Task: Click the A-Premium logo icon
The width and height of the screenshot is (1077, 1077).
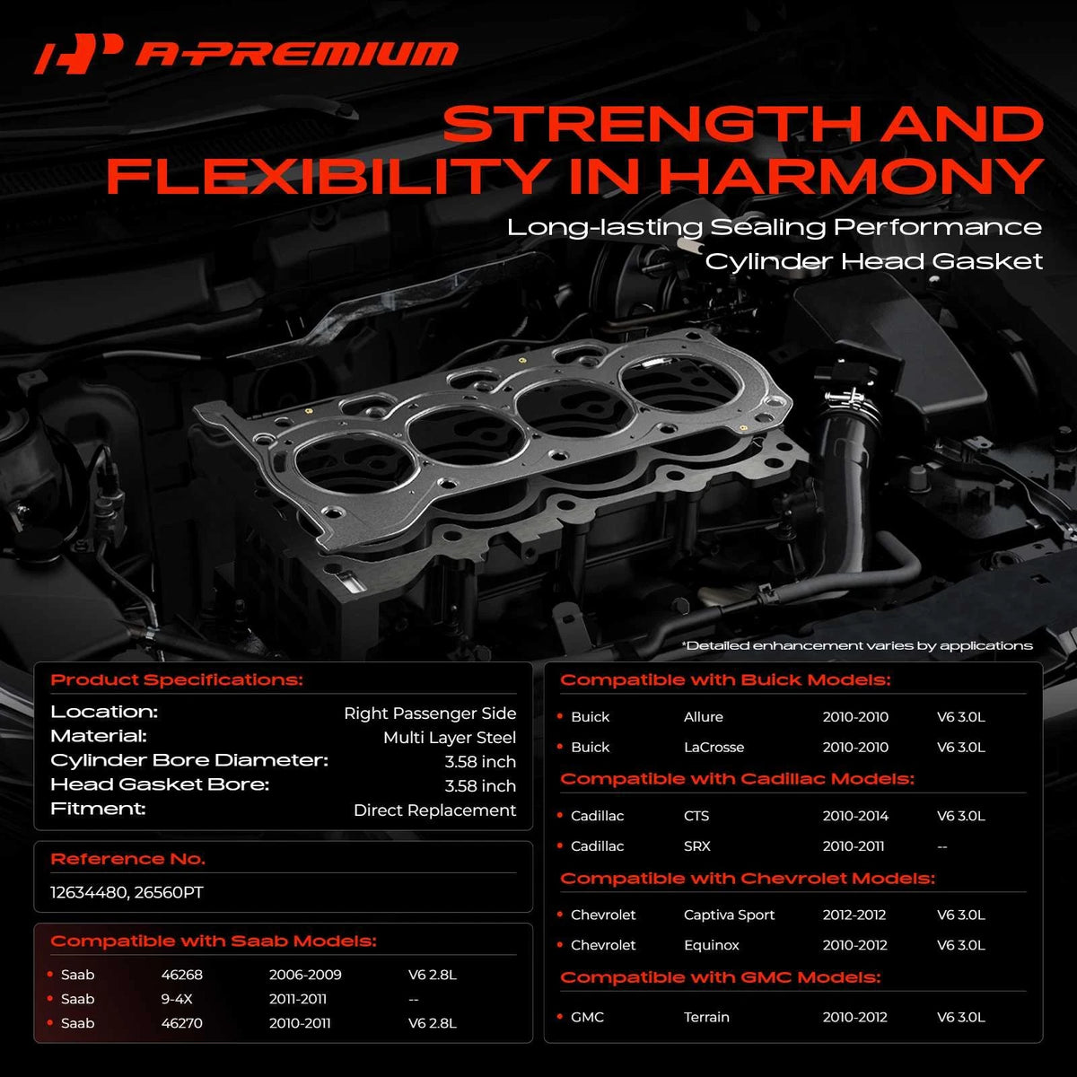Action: pos(78,54)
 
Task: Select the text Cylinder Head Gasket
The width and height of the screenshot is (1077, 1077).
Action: pos(873,261)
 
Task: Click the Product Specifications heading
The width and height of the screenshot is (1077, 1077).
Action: pos(177,680)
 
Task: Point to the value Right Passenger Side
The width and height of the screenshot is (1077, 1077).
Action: pos(430,714)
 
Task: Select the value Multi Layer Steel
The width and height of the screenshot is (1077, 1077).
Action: pos(450,738)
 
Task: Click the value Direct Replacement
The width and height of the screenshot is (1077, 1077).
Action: pos(434,810)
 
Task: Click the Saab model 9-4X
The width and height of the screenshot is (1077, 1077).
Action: pos(177,999)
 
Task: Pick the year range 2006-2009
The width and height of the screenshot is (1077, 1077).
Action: pos(305,975)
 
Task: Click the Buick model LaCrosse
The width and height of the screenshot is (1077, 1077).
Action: pos(714,748)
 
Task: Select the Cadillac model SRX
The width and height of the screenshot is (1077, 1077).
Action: pos(697,846)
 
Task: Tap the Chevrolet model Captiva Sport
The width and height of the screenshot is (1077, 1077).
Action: pos(730,915)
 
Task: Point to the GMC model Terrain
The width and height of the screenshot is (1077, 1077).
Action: pos(706,1017)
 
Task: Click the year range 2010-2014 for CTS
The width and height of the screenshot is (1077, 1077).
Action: pos(855,816)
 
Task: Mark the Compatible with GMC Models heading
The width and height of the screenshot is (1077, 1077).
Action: pos(721,977)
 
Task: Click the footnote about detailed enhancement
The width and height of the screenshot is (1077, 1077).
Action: pos(857,646)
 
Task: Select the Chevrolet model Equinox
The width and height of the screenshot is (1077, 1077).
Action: pos(712,945)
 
